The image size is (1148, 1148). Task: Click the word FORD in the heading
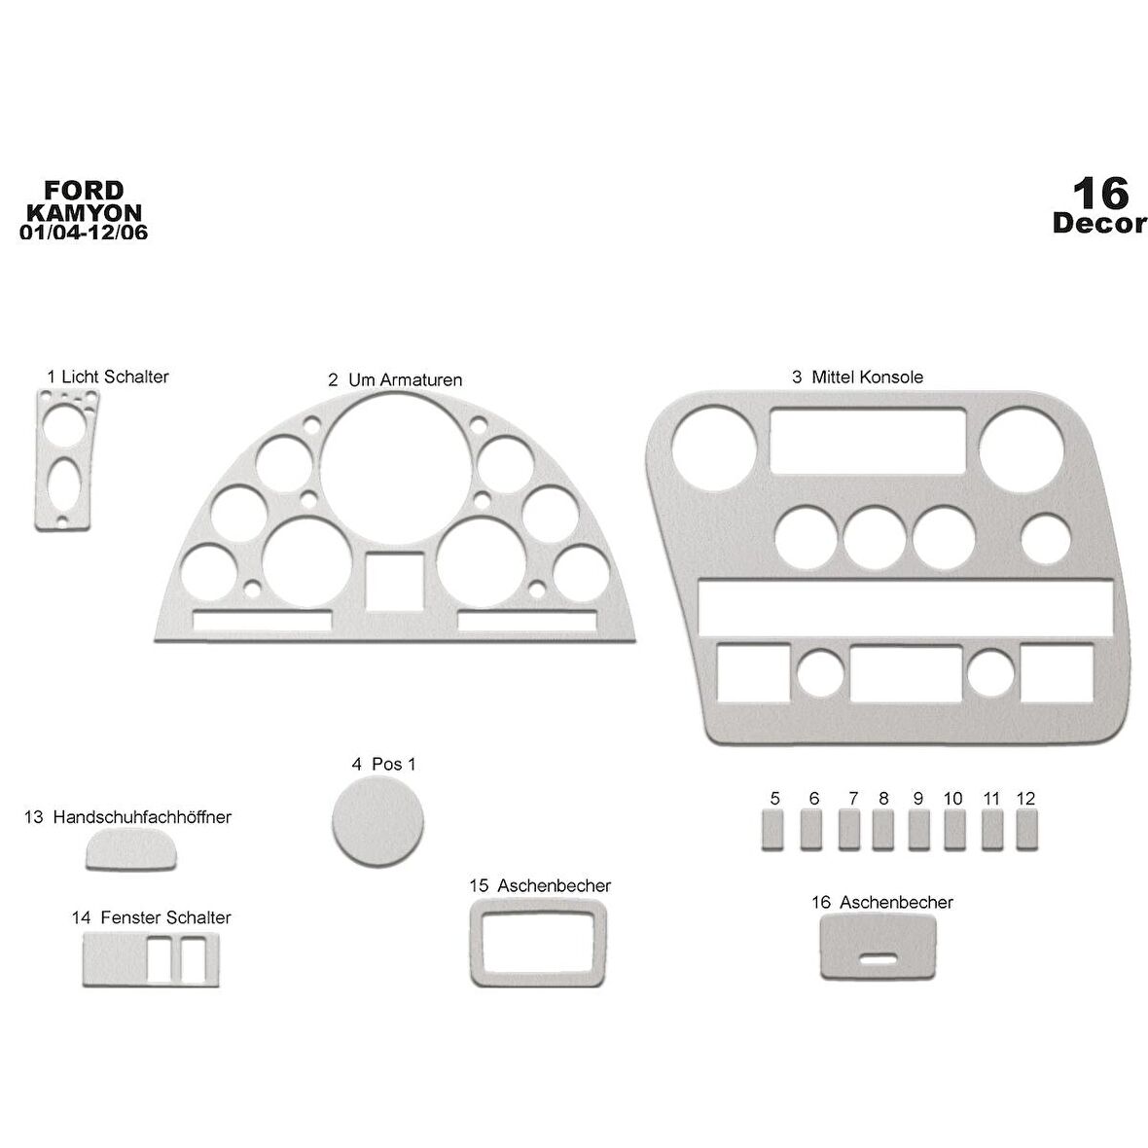tap(85, 190)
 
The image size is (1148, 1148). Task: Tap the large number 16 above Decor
tap(1099, 193)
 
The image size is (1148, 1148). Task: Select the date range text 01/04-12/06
tap(85, 233)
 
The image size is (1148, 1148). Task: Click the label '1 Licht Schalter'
tap(107, 376)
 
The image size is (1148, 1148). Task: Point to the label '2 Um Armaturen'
tap(395, 378)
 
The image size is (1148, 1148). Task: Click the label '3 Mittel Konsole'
tap(857, 377)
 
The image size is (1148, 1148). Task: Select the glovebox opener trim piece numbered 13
tap(133, 852)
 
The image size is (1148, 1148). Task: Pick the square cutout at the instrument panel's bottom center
tap(395, 581)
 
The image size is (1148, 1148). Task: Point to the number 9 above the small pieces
tap(917, 799)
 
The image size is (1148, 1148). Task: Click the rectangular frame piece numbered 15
tap(538, 943)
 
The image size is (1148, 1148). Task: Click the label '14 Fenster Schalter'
tap(151, 917)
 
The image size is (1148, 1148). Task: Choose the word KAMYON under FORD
tap(85, 211)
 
